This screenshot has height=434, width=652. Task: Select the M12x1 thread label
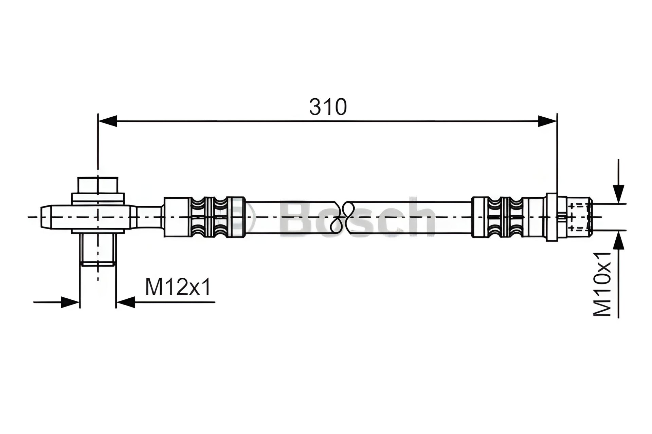click(x=178, y=287)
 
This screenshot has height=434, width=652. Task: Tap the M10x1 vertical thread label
click(x=603, y=284)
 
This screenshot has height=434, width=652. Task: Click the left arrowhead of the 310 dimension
click(x=107, y=121)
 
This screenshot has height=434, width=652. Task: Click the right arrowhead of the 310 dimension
click(x=547, y=121)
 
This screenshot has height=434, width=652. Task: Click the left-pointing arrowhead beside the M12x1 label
click(x=126, y=302)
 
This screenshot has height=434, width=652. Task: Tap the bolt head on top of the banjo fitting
click(x=98, y=185)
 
